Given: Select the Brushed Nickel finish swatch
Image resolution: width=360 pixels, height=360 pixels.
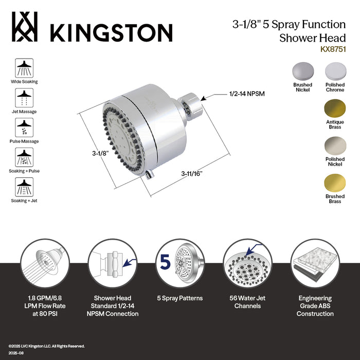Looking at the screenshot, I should (302, 71).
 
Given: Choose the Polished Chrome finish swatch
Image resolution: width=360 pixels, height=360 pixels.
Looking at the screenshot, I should (335, 71).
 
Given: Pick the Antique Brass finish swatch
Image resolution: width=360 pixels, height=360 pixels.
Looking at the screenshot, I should (335, 109).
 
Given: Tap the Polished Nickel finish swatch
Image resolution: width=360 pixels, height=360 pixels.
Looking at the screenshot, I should (335, 146).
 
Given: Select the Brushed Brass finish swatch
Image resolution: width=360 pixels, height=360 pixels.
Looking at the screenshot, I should (335, 183).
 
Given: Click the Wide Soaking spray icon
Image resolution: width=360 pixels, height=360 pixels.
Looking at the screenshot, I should (24, 67).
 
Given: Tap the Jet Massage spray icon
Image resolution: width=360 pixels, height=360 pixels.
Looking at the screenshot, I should (24, 97).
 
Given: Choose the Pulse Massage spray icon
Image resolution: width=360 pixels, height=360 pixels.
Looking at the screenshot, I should (24, 127).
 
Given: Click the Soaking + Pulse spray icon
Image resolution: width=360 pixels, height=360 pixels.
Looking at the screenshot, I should (24, 157).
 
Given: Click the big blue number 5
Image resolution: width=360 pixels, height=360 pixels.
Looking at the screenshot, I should (165, 263).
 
